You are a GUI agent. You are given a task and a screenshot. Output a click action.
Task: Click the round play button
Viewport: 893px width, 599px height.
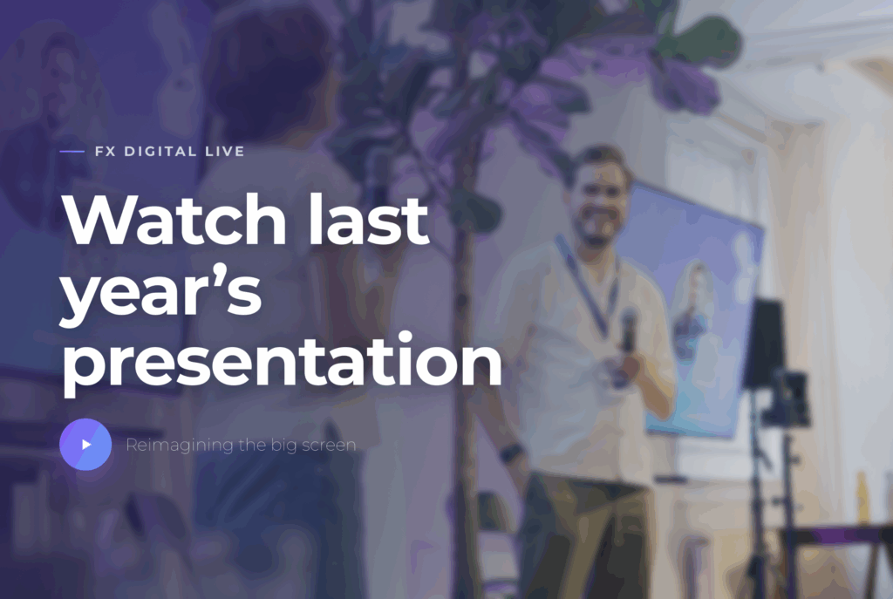[85, 444]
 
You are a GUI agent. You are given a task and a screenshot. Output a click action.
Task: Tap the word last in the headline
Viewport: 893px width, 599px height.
[368, 219]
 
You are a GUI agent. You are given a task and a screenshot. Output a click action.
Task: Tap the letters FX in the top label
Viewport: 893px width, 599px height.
[106, 152]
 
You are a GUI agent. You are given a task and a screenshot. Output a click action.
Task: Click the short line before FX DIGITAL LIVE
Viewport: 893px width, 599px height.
[72, 152]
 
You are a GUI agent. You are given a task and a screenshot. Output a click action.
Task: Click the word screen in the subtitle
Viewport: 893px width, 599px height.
[329, 446]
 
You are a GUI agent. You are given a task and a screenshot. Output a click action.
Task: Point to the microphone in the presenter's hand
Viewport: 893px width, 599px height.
[628, 330]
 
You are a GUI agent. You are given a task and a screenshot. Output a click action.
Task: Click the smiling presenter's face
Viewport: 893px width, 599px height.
[598, 200]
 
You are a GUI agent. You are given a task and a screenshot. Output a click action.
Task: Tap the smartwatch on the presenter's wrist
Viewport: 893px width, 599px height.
[511, 453]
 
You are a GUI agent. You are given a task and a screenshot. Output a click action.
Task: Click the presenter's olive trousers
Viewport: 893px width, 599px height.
[587, 535]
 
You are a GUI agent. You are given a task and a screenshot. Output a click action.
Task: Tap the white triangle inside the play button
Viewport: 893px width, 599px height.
[86, 444]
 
